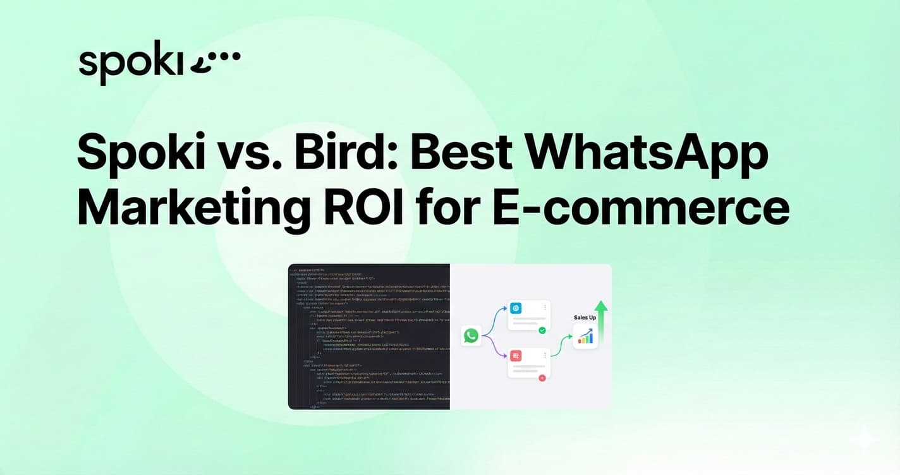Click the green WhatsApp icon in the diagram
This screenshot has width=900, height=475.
coord(471,335)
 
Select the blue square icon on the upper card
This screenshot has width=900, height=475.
coord(516,308)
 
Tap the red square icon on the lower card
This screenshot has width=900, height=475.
coord(516,356)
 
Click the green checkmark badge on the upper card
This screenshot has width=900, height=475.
coord(542,330)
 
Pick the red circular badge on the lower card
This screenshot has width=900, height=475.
coord(542,378)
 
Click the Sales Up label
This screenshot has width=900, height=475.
coord(584,318)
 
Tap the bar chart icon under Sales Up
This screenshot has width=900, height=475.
coord(585,337)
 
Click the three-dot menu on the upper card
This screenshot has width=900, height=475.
coord(545,308)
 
